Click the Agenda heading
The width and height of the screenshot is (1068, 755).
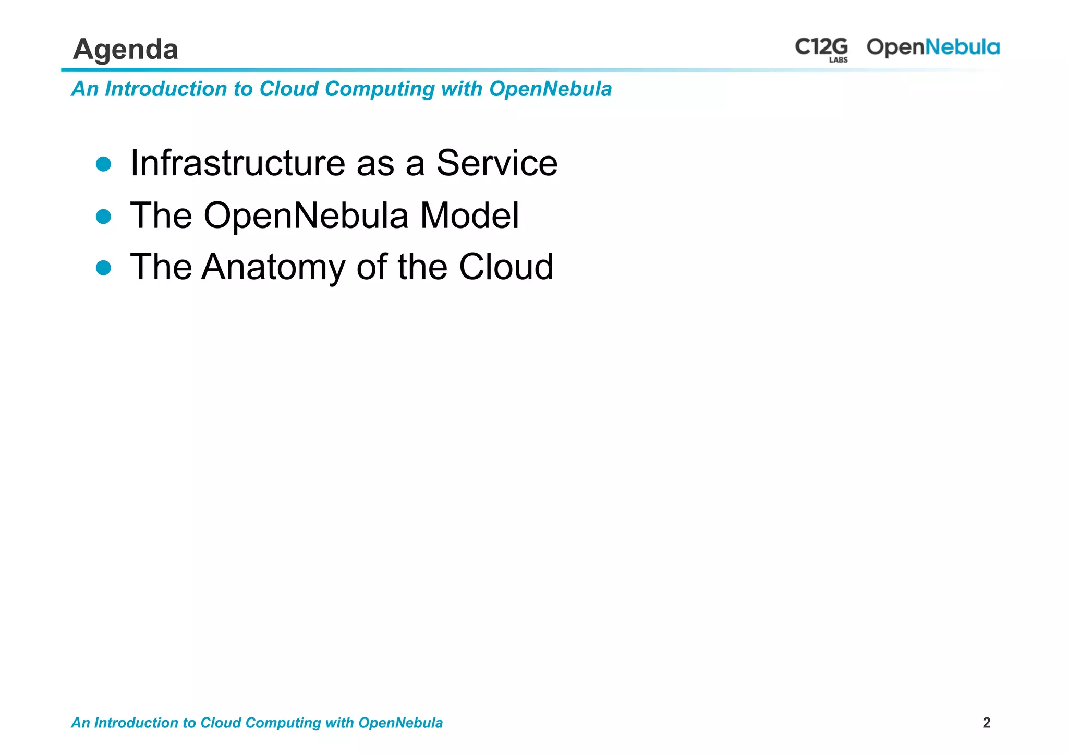(x=126, y=50)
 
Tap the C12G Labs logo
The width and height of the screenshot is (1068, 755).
(x=821, y=49)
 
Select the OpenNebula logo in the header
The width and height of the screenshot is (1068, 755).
(x=933, y=47)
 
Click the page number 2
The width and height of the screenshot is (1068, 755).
(x=986, y=723)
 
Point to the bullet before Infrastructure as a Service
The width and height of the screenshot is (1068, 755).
(x=104, y=164)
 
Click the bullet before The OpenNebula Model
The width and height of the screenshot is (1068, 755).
(x=104, y=217)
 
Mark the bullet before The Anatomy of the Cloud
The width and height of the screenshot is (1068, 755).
(x=104, y=268)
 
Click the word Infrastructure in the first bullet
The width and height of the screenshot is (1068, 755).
(x=237, y=163)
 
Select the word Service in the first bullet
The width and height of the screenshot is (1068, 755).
(x=496, y=163)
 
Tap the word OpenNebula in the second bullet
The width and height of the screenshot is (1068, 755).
(x=306, y=215)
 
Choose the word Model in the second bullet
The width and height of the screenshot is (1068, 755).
(x=469, y=215)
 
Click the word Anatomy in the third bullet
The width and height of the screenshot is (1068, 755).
(x=273, y=267)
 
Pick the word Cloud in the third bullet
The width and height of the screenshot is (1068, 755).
(x=506, y=267)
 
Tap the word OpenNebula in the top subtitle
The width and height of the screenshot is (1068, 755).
(x=550, y=89)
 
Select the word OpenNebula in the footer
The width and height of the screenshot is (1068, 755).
(x=400, y=723)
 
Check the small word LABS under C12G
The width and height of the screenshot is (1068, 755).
(x=838, y=60)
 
